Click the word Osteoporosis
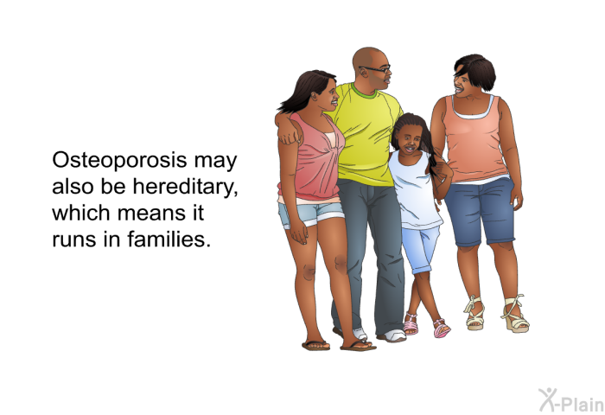[119, 161]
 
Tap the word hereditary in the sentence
[185, 186]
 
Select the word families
[169, 239]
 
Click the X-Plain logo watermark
[571, 400]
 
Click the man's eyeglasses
[375, 69]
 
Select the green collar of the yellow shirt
[363, 92]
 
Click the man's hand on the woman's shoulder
[290, 133]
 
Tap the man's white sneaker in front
[392, 335]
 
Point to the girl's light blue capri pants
[420, 249]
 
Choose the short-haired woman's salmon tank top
[475, 139]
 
